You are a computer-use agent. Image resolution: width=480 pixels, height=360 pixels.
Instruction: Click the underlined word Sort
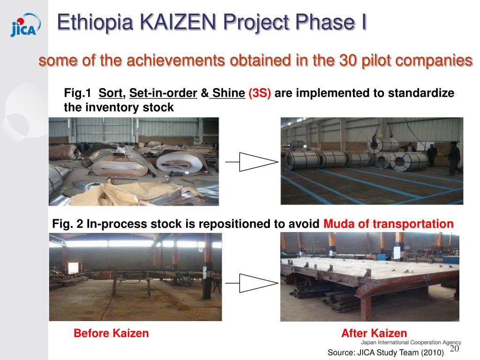click(x=111, y=93)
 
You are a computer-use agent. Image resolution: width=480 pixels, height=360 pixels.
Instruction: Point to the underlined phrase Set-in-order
click(x=163, y=93)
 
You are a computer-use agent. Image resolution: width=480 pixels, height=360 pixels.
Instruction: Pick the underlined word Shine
click(x=228, y=93)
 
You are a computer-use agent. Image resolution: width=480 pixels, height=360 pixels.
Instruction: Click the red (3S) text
click(x=260, y=93)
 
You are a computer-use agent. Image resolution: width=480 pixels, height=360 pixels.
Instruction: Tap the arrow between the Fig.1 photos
click(x=252, y=162)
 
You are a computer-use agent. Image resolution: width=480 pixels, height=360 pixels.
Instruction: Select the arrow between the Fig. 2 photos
click(x=252, y=283)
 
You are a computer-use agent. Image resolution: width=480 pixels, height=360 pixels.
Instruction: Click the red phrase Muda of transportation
click(x=389, y=224)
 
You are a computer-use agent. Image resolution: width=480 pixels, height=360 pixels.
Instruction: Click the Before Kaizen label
click(x=111, y=333)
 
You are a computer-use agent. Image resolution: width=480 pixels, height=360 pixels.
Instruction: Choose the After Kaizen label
click(x=374, y=333)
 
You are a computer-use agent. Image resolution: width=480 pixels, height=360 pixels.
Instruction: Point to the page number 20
click(x=454, y=349)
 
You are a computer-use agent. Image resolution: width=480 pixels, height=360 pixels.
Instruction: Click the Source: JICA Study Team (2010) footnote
click(x=385, y=352)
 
